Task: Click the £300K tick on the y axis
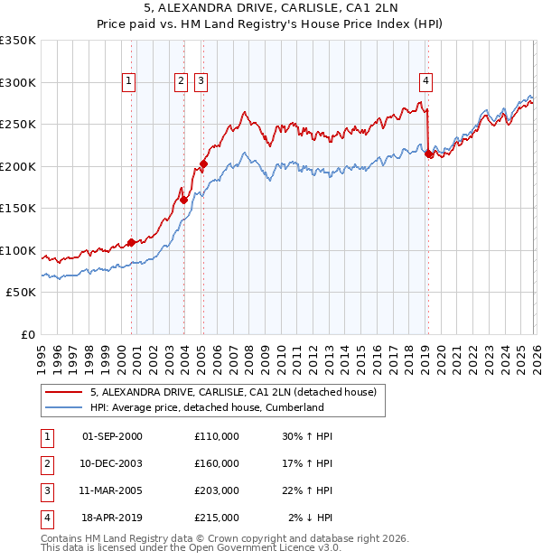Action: pyautogui.click(x=18, y=82)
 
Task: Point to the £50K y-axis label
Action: pyautogui.click(x=21, y=293)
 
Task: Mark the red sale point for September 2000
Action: pyautogui.click(x=131, y=242)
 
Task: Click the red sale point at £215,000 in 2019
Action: pyautogui.click(x=428, y=154)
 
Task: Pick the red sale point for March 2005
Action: pyautogui.click(x=203, y=164)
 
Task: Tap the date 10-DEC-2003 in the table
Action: pyautogui.click(x=112, y=463)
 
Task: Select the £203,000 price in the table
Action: pyautogui.click(x=216, y=490)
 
